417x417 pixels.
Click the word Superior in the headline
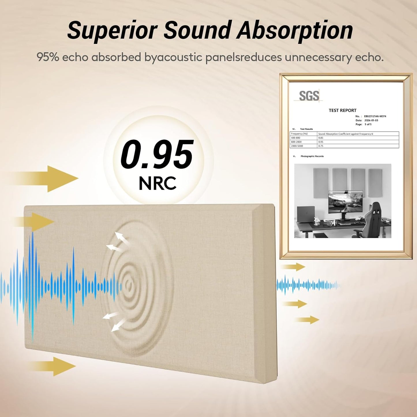(x=112, y=30)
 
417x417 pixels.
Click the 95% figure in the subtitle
(x=48, y=57)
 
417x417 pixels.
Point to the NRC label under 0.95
(x=158, y=183)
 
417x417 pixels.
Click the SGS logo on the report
(x=309, y=96)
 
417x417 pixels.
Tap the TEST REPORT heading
(x=343, y=110)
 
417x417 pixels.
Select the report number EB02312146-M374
(x=375, y=116)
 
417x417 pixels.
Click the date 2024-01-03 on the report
(x=371, y=120)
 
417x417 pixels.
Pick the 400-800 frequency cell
(x=296, y=138)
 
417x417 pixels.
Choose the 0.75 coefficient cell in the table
(x=321, y=146)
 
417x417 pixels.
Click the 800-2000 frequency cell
(x=296, y=142)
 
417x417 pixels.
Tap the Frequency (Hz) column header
(x=299, y=134)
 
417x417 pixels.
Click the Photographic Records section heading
(x=312, y=156)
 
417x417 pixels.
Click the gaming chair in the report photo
(x=374, y=218)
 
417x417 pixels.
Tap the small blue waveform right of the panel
(x=308, y=285)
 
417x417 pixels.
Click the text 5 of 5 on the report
(x=368, y=124)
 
